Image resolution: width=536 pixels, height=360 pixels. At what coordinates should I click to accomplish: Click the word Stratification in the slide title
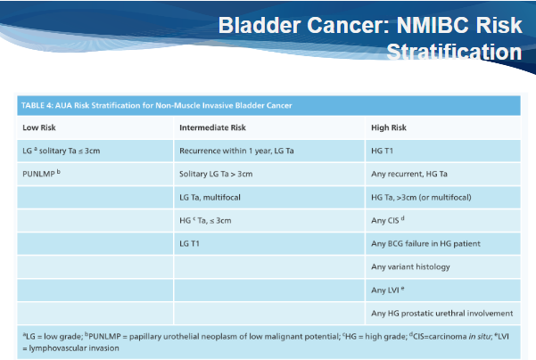click(x=454, y=52)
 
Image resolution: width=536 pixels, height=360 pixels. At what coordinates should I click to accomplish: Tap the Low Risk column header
click(x=39, y=127)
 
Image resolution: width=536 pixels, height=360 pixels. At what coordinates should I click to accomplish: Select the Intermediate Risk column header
click(x=212, y=127)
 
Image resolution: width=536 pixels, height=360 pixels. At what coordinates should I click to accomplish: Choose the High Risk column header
click(x=389, y=127)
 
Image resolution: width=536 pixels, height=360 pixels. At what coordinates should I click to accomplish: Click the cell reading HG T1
click(x=383, y=151)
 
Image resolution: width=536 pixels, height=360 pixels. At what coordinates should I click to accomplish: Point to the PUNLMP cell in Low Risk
click(x=41, y=174)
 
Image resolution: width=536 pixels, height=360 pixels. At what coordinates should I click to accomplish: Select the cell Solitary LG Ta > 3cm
click(x=216, y=174)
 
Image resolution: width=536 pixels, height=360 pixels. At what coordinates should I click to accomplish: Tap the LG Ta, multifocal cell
click(x=210, y=198)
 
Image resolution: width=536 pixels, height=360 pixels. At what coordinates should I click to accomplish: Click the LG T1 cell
click(x=189, y=244)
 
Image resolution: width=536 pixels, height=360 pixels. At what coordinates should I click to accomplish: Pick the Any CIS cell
click(x=388, y=220)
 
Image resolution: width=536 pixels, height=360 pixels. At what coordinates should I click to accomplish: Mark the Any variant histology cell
click(x=410, y=267)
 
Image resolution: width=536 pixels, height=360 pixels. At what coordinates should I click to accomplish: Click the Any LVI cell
click(x=388, y=290)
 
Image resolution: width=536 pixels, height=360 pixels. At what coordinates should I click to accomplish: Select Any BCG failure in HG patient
click(x=425, y=244)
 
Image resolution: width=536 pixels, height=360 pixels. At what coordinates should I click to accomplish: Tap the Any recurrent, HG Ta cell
click(x=409, y=174)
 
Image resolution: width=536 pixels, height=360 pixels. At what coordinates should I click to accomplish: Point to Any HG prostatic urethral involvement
click(x=442, y=314)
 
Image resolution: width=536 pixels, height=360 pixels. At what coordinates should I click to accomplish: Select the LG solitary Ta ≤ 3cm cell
click(x=62, y=151)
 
